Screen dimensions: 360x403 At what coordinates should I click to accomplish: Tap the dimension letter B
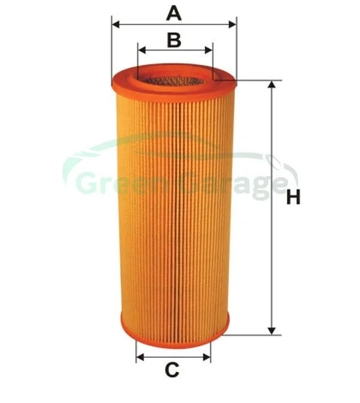tap(174, 40)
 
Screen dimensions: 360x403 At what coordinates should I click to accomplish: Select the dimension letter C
tap(172, 369)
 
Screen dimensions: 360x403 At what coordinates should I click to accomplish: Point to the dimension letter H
tap(293, 198)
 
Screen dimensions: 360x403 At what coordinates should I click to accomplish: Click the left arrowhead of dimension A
tap(116, 25)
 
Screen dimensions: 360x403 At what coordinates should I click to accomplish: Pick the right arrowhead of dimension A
tap(232, 25)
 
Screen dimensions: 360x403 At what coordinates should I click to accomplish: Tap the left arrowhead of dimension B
tap(142, 50)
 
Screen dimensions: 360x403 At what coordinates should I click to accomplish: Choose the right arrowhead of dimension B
tap(209, 50)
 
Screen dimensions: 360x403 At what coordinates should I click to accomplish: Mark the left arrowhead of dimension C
tap(140, 357)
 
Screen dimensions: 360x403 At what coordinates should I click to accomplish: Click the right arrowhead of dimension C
tap(207, 357)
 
